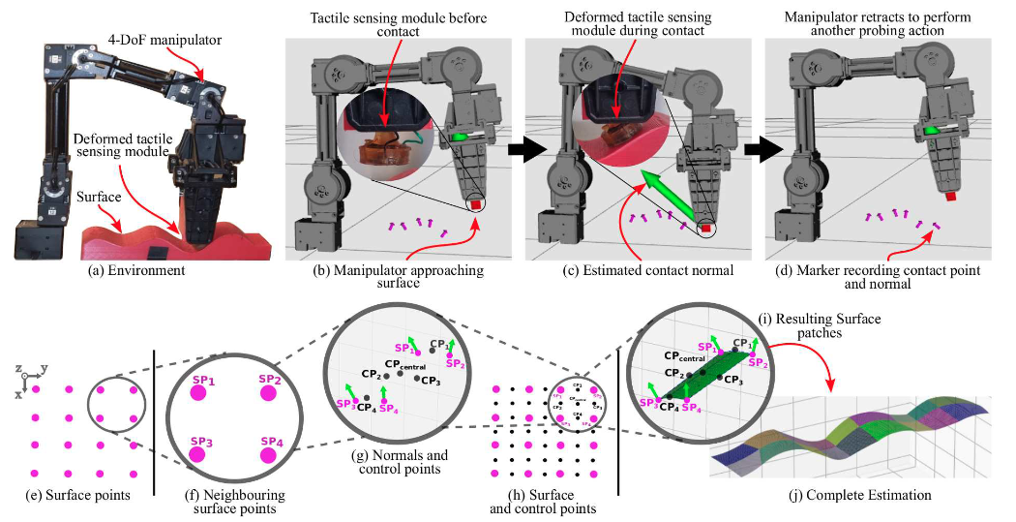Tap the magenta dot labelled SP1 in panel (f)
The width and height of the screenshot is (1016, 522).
[199, 391]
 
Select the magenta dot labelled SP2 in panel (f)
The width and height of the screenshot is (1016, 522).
[267, 391]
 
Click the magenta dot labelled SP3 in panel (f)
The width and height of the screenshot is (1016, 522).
[199, 452]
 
